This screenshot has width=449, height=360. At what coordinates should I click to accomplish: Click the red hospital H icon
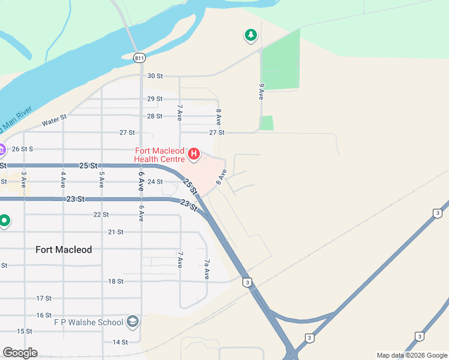pos(194,154)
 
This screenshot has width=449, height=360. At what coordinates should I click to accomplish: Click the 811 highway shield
pos(139,58)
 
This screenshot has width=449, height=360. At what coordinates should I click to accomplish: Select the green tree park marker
pos(250,35)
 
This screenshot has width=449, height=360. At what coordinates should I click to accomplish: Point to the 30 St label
pos(155,76)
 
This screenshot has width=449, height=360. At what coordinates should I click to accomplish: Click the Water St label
pos(53,122)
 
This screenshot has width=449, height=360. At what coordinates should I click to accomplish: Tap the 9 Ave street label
pos(261,91)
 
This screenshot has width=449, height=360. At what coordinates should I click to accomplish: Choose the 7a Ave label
pos(206,269)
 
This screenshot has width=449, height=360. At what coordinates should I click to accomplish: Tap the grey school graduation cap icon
pos(133,322)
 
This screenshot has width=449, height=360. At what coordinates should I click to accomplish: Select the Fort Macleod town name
pos(64,250)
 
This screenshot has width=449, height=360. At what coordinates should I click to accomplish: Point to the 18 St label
pos(115,281)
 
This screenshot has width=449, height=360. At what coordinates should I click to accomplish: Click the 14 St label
pos(120,342)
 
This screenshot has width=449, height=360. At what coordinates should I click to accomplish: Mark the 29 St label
pos(155,99)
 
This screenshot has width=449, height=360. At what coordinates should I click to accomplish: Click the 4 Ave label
pos(62,180)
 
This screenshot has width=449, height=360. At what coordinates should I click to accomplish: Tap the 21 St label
pos(115,232)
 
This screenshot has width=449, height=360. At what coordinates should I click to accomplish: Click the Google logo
pos(20,353)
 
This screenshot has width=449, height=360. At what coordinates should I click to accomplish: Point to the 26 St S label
pos(22,149)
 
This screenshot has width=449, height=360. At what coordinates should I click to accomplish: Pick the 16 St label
pos(44,315)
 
